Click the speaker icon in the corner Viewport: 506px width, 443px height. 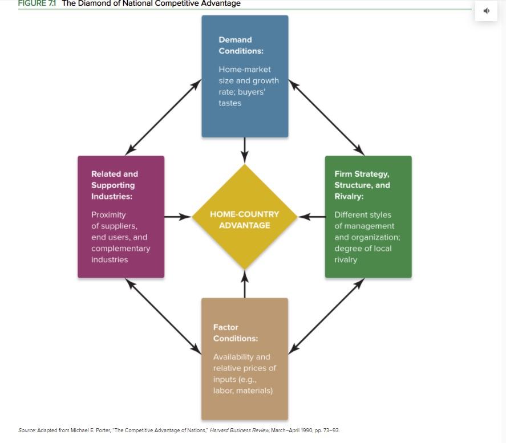tap(486, 11)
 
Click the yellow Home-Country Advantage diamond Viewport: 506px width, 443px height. tap(245, 217)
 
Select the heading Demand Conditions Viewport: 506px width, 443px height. tap(241, 45)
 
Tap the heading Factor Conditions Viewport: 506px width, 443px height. tap(236, 333)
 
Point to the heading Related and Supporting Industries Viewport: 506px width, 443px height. tap(115, 185)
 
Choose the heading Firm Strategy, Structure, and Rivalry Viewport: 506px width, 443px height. tap(362, 185)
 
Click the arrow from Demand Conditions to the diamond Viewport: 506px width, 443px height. tap(245, 151)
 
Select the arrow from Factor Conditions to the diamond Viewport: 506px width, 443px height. tap(245, 284)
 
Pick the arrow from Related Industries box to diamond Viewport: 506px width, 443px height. tap(178, 217)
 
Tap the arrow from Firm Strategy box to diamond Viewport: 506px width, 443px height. tap(311, 217)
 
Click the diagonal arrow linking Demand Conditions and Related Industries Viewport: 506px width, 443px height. tap(163, 117)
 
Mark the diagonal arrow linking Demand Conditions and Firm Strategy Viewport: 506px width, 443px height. tap(326, 117)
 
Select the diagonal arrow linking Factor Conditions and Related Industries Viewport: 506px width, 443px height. tap(163, 316)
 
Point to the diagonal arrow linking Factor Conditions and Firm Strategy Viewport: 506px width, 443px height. tap(326, 316)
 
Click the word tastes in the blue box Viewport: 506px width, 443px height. tap(230, 103)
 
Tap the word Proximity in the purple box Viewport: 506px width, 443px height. tap(108, 215)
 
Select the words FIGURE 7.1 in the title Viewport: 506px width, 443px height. tap(37, 3)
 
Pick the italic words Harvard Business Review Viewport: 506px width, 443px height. tap(240, 430)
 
